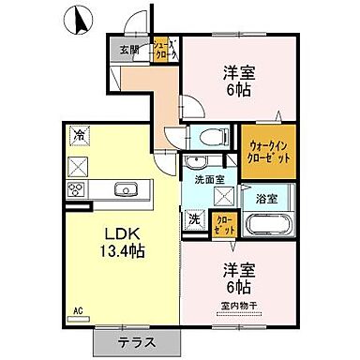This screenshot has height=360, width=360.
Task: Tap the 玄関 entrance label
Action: (x=128, y=50)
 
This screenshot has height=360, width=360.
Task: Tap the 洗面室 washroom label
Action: (x=210, y=178)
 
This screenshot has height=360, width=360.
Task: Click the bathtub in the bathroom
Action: (x=269, y=226)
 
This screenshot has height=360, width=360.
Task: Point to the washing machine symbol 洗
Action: (x=194, y=221)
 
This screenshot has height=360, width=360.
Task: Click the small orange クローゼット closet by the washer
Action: (x=226, y=224)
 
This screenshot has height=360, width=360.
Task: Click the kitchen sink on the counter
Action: (x=125, y=189)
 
